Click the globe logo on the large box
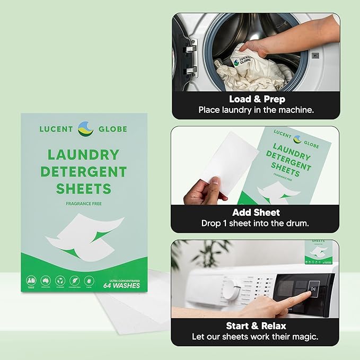[86, 129]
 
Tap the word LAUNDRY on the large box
[83, 155]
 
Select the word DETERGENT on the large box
[86, 172]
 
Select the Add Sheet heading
[255, 212]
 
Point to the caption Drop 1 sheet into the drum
[255, 223]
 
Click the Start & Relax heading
[255, 325]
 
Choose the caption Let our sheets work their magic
[255, 337]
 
